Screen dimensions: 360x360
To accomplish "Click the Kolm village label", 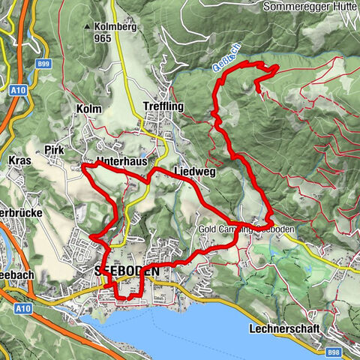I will [89, 109].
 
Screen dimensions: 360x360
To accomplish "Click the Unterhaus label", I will [124, 161].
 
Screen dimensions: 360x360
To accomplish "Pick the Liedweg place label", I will [194, 172].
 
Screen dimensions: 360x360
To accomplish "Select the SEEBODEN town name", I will [126, 268].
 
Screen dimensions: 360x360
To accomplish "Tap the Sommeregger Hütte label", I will [309, 7].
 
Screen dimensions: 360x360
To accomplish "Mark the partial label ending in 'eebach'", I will [16, 277].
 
